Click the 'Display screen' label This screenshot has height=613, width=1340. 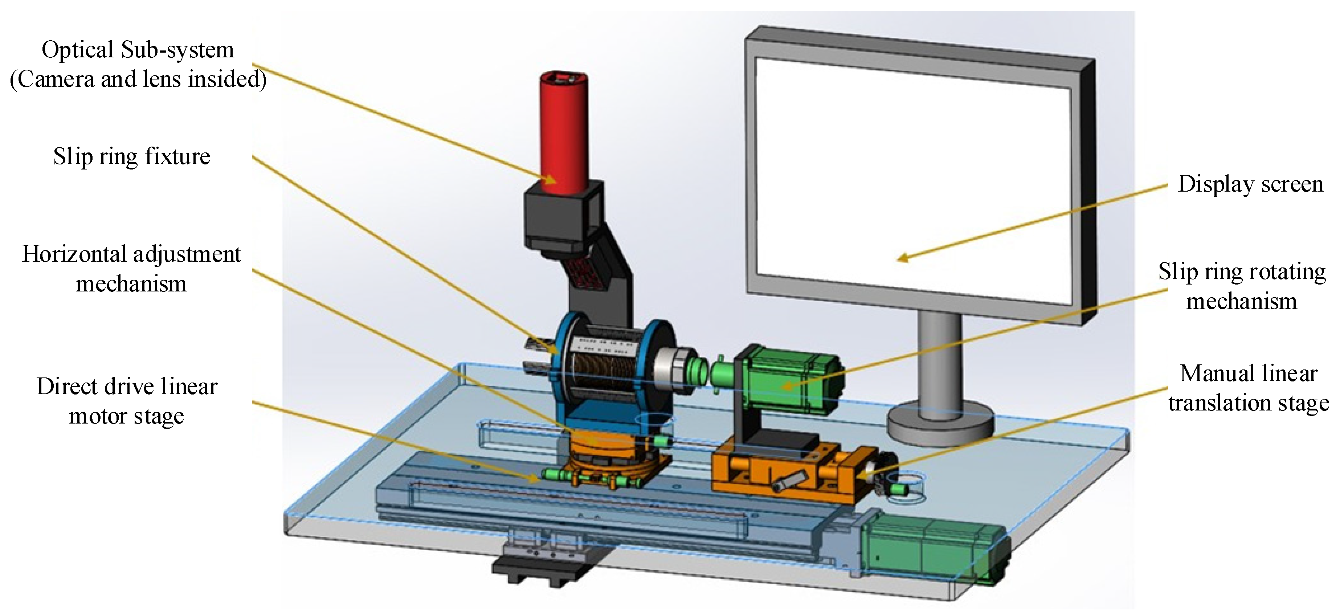click(x=1250, y=184)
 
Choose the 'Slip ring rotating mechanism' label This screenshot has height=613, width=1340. click(x=1242, y=286)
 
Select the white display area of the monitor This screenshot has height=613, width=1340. click(x=910, y=177)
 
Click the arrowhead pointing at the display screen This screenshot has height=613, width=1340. click(x=903, y=258)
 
